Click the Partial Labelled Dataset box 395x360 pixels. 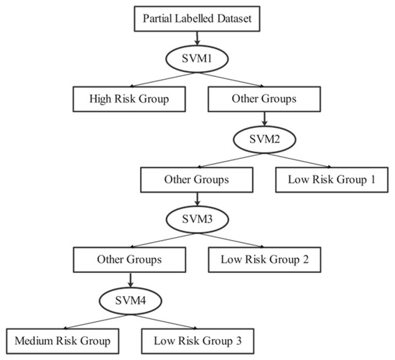pyautogui.click(x=196, y=18)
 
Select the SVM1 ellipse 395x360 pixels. pyautogui.click(x=196, y=58)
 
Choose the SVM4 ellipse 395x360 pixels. pyautogui.click(x=127, y=297)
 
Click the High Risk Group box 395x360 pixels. pyautogui.click(x=129, y=98)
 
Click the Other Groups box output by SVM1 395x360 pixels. pyautogui.click(x=262, y=98)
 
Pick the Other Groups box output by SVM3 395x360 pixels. pyautogui.click(x=128, y=258)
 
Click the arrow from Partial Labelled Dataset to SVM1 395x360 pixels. pyautogui.click(x=196, y=39)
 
